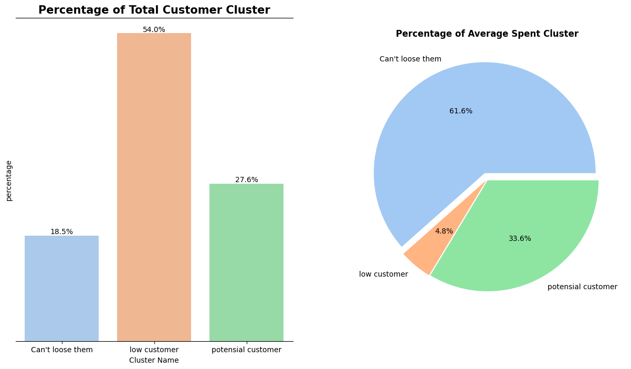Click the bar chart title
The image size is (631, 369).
154,10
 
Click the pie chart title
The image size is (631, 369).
487,34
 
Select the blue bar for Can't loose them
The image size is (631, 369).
61,288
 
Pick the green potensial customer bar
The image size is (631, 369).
246,262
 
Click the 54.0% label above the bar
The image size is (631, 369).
154,29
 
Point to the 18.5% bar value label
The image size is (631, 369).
61,231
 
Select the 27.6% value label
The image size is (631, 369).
246,180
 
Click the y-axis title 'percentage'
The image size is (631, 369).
9,181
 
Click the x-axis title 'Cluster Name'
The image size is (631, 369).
154,360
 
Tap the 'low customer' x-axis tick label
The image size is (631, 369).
154,350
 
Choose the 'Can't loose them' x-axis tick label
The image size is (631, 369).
61,350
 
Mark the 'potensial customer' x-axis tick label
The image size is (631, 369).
246,350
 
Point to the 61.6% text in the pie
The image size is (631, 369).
460,111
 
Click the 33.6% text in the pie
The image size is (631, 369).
520,238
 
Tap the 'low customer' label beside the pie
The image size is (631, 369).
383,274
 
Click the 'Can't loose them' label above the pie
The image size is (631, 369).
410,59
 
